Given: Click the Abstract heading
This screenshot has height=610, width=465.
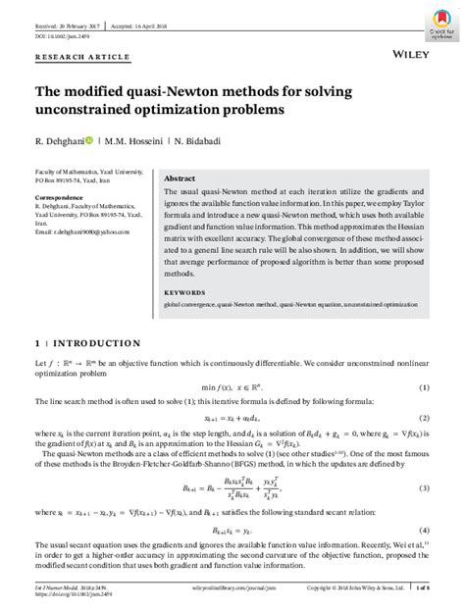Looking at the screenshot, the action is [x=181, y=178].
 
